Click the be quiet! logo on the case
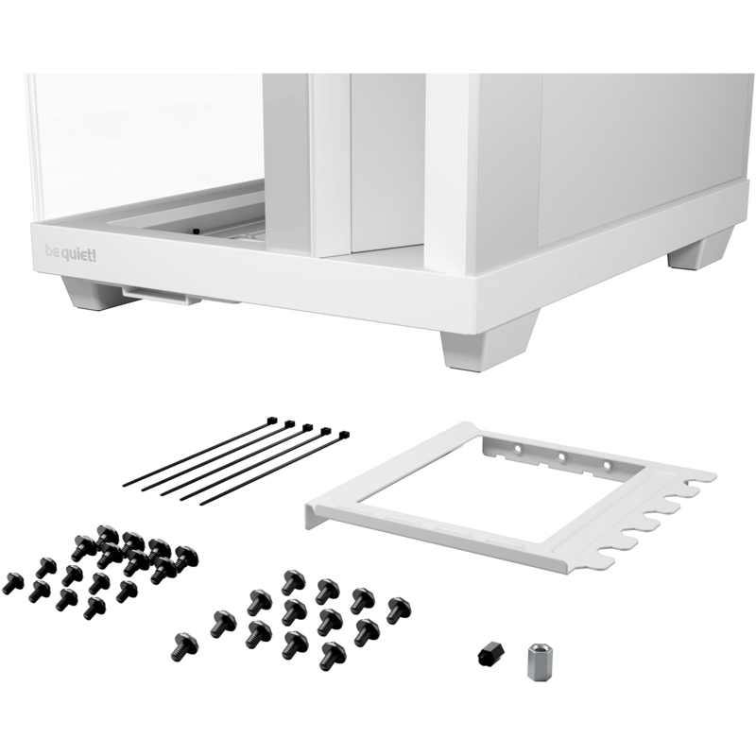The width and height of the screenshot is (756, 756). [70, 252]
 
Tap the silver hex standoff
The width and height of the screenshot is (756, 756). [540, 661]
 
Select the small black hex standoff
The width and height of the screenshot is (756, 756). [491, 655]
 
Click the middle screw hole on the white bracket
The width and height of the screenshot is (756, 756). [561, 456]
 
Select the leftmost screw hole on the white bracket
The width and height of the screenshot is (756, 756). [518, 449]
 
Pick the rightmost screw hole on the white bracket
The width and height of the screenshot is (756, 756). [608, 466]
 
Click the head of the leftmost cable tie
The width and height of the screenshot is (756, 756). [272, 420]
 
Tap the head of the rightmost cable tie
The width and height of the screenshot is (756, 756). [344, 436]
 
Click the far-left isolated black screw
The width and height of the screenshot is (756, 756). [12, 583]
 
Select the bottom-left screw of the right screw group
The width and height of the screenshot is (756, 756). [184, 646]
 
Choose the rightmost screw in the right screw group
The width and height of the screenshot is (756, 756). [398, 610]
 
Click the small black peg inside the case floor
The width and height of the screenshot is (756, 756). [196, 231]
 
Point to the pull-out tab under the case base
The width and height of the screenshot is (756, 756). [162, 296]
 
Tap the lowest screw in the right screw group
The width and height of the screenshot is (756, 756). [333, 656]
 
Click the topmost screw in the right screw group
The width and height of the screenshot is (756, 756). [293, 582]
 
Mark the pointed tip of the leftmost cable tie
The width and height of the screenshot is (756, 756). [124, 485]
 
